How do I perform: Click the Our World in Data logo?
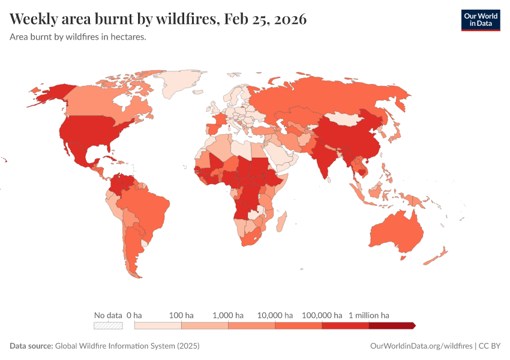pyautogui.click(x=480, y=20)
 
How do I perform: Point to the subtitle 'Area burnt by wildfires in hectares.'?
pyautogui.click(x=79, y=37)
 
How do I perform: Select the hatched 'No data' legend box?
pyautogui.click(x=108, y=325)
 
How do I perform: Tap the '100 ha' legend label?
pyautogui.click(x=181, y=315)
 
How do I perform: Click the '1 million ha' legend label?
pyautogui.click(x=368, y=315)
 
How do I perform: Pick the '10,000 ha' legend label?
pyautogui.click(x=275, y=315)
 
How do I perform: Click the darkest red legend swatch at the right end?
pyautogui.click(x=391, y=325)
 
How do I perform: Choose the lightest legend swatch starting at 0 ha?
pyautogui.click(x=158, y=325)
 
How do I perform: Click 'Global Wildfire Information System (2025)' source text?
pyautogui.click(x=127, y=346)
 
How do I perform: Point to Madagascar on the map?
pyautogui.click(x=281, y=222)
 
